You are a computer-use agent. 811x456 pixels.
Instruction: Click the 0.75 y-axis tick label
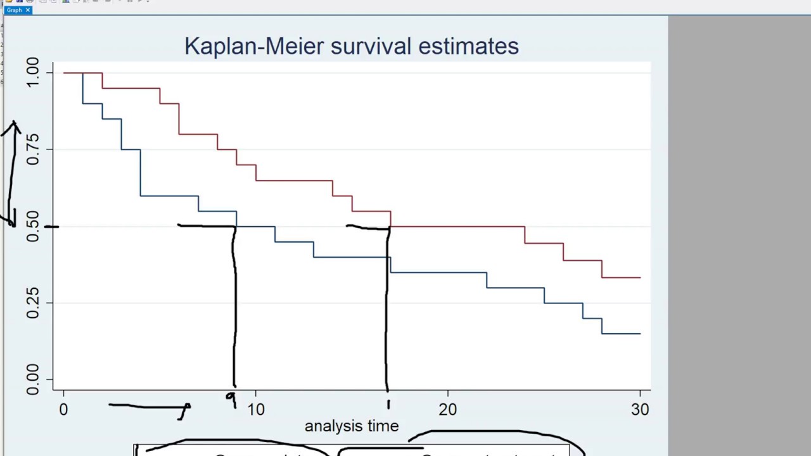(x=32, y=149)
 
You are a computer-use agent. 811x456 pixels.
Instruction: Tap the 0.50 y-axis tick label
(x=32, y=226)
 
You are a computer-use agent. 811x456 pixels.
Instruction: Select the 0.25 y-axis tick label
(x=32, y=303)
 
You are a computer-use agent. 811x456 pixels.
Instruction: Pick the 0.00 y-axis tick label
(x=32, y=379)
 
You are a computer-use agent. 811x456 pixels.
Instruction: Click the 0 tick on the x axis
(x=63, y=410)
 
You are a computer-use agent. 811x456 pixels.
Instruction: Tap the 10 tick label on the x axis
(x=255, y=410)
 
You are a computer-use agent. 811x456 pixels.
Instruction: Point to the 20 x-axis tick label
(x=447, y=410)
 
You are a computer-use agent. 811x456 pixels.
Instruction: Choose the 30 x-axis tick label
(x=640, y=410)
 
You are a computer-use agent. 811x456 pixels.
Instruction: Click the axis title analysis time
(x=352, y=426)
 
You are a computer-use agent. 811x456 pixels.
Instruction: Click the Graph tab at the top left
(x=14, y=10)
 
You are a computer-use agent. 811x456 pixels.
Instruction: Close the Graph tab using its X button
(x=28, y=10)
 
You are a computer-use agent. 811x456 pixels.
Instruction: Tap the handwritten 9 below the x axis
(x=231, y=399)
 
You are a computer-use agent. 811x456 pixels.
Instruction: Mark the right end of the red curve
(x=639, y=277)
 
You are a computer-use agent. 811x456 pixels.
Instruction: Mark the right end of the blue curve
(x=639, y=333)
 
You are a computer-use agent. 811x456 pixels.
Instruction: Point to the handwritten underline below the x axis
(x=149, y=406)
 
